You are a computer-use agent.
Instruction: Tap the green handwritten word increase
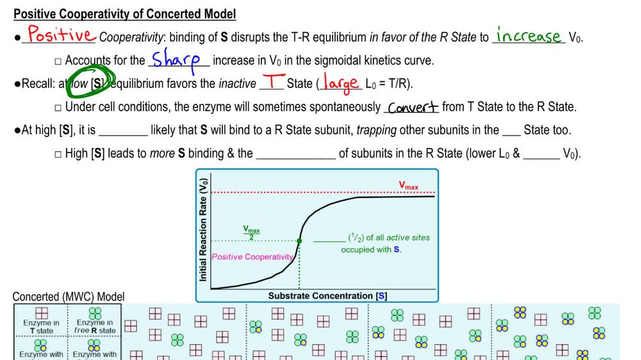(x=528, y=36)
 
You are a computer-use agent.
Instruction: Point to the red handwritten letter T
(x=274, y=83)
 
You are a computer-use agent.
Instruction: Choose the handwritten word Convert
(x=413, y=107)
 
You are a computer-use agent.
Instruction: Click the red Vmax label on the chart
(x=408, y=186)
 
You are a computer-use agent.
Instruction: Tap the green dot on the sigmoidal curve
(x=299, y=241)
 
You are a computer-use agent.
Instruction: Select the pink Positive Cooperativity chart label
(x=252, y=257)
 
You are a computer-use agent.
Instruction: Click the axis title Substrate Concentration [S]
(x=327, y=296)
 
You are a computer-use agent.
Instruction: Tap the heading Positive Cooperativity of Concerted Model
(x=124, y=13)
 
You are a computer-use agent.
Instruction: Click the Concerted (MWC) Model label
(x=69, y=297)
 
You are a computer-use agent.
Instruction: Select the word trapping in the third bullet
(x=377, y=130)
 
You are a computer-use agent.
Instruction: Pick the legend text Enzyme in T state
(x=41, y=327)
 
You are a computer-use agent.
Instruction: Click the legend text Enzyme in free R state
(x=96, y=327)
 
